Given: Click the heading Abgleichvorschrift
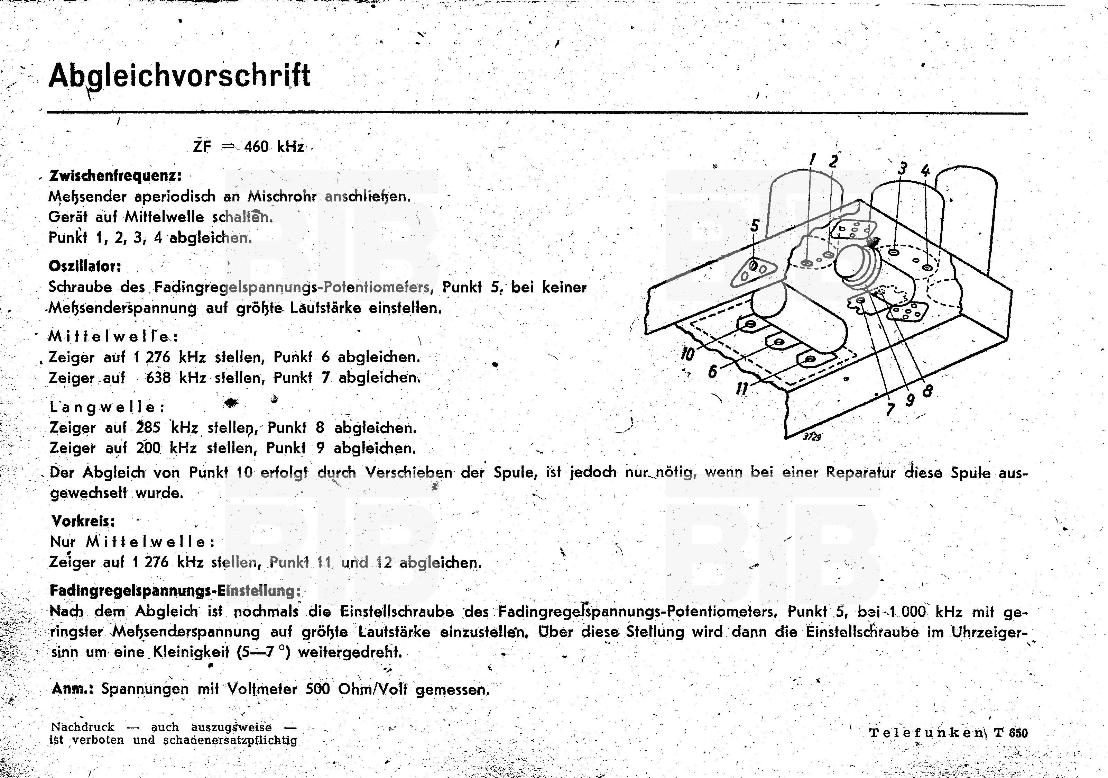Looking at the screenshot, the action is pyautogui.click(x=179, y=76).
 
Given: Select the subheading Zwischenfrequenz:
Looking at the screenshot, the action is pyautogui.click(x=116, y=176).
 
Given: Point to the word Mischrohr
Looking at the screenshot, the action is pyautogui.click(x=282, y=197).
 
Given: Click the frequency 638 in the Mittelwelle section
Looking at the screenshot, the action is pyautogui.click(x=158, y=377).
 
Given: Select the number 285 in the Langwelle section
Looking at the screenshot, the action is pyautogui.click(x=148, y=427).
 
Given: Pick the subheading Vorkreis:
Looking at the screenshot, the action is pyautogui.click(x=83, y=521).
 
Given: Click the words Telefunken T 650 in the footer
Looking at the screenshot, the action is pyautogui.click(x=948, y=733).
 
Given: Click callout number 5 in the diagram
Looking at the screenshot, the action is pyautogui.click(x=755, y=226).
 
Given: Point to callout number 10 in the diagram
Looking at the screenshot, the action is pyautogui.click(x=687, y=354).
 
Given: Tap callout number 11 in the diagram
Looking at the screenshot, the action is pyautogui.click(x=742, y=388).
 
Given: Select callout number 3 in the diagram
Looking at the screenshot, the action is pyautogui.click(x=902, y=169).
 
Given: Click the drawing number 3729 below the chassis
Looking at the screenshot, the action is pyautogui.click(x=812, y=436).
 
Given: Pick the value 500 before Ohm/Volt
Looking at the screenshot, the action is pyautogui.click(x=317, y=689).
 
